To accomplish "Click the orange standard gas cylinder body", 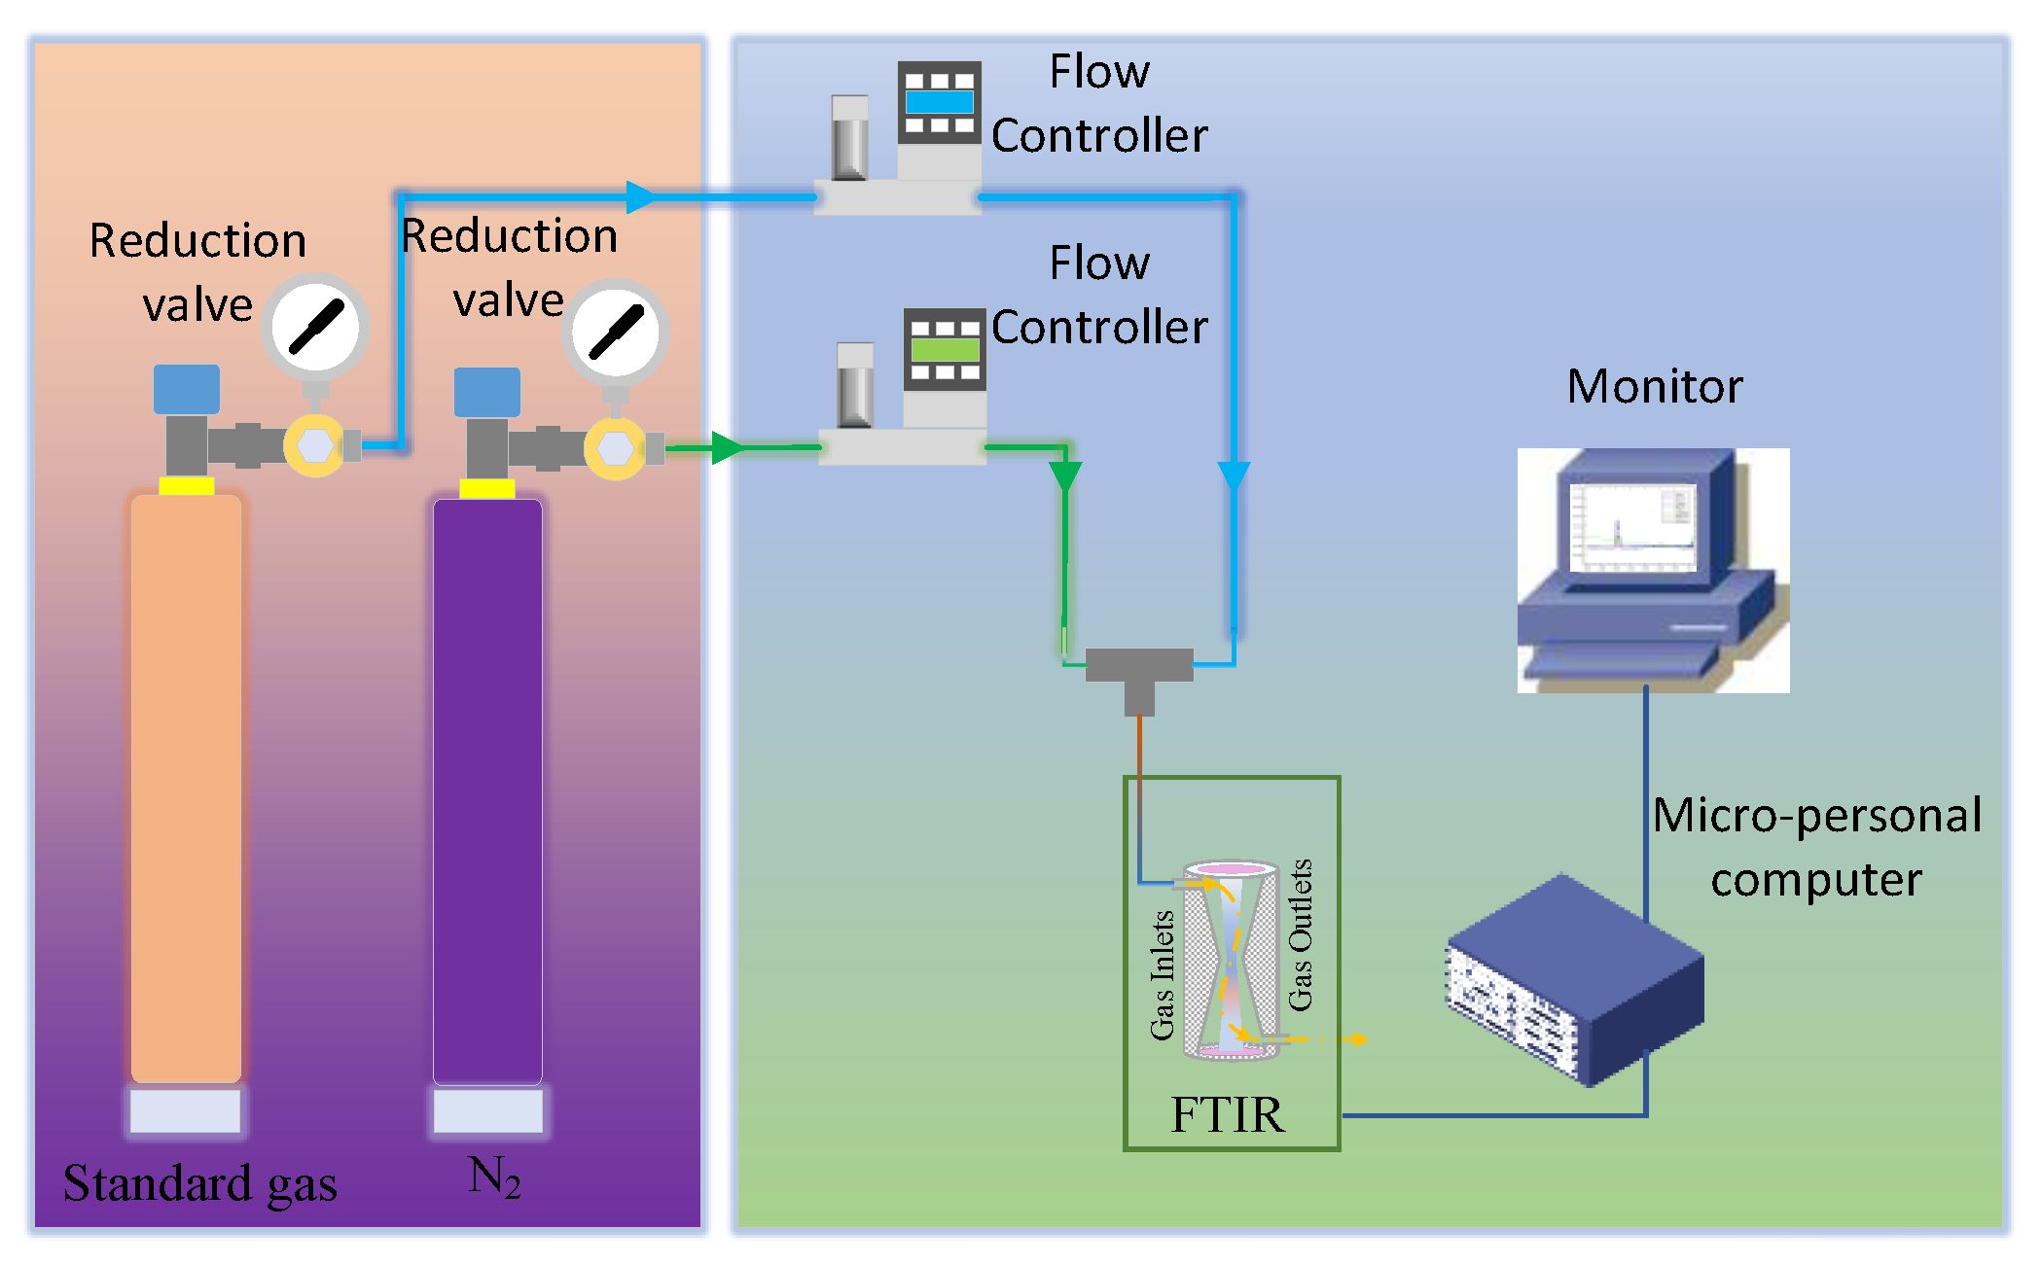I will pos(186,788).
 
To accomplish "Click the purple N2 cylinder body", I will pos(487,788).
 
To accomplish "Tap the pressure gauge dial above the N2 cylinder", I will pos(616,332).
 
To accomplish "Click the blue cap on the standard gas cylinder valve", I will pos(187,389).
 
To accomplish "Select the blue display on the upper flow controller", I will pos(939,101).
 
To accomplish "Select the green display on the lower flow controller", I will pos(945,350).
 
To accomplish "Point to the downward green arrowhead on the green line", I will pos(1065,476).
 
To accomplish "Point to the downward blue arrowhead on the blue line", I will pos(1234,476).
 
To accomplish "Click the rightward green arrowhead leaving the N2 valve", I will pos(728,448).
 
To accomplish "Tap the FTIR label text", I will pos(1228,1114).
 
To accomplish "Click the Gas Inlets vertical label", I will pos(1163,974).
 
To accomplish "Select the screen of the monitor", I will pos(1633,527).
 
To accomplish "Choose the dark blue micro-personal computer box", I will pos(1576,982).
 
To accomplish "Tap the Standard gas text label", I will pos(200,1183).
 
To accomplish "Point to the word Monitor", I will pos(1654,386).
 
